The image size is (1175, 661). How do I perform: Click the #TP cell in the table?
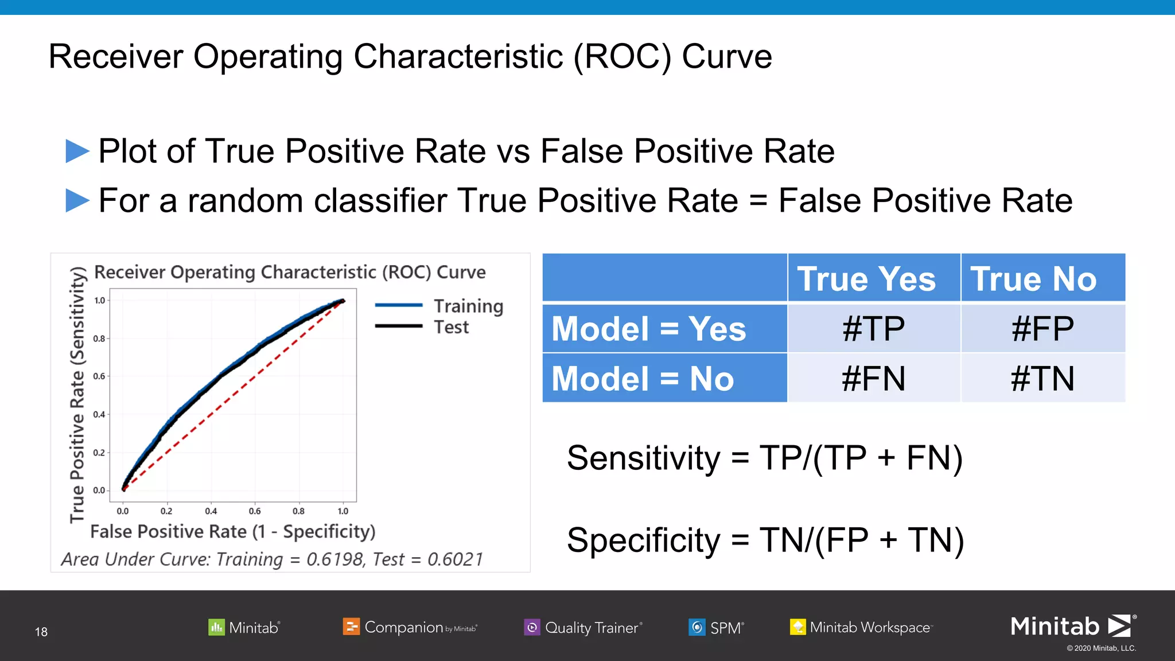coord(873,329)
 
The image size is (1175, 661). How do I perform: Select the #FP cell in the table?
coord(1042,329)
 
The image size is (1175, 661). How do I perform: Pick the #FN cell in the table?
coord(873,379)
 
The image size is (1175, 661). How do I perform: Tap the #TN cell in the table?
coord(1042,379)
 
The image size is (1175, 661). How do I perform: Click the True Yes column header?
coord(866,279)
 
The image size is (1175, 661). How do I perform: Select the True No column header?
coord(1033,279)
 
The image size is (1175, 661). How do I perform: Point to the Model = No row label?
coord(643,379)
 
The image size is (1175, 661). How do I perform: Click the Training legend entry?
coord(468,306)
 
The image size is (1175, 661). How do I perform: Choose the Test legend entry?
coord(451,327)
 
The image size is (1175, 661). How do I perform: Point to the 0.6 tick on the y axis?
coord(99,376)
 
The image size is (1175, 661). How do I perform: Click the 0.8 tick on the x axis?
coord(298,511)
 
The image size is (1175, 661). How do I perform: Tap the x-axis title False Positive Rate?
coord(232,531)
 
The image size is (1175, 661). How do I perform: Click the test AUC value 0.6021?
coord(456,559)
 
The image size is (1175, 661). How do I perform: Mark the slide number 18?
coord(41,632)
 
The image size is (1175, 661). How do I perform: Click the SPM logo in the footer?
coord(716,628)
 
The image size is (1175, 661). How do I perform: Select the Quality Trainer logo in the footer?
coord(583,628)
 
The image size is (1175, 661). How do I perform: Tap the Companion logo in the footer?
coord(410,627)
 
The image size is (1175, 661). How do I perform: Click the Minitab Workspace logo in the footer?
coord(861,627)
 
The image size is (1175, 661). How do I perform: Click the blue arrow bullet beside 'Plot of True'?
coord(77,151)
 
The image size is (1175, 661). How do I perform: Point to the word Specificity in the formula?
coord(643,541)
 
